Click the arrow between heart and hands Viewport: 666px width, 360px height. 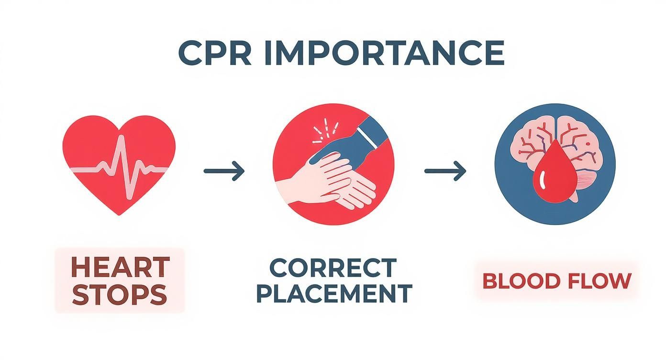point(224,171)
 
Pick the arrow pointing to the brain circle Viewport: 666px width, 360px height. point(445,171)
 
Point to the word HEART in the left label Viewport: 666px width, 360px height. point(120,267)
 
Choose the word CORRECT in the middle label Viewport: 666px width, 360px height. point(333,268)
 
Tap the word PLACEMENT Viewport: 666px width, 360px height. point(334,293)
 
